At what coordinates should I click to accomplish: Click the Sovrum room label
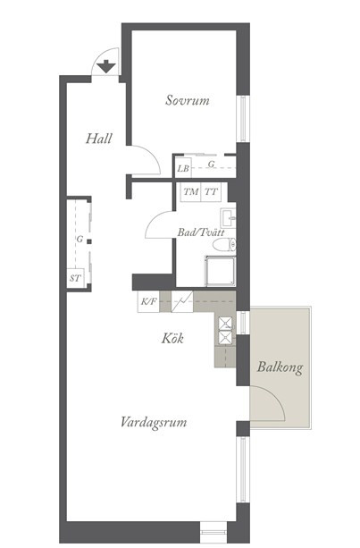188,100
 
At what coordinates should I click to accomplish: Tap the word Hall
99,139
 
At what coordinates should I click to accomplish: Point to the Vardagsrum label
154,422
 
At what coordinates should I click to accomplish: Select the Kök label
172,338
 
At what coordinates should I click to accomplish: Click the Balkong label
280,367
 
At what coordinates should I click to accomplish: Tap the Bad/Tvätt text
201,232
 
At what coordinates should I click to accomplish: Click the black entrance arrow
106,66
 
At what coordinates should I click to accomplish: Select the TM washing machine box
190,192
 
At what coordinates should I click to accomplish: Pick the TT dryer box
211,192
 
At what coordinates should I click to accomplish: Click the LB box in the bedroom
182,168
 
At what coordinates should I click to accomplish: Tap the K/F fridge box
148,301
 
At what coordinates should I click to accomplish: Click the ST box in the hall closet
75,278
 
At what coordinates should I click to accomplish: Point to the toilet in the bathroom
224,245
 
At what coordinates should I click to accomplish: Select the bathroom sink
228,218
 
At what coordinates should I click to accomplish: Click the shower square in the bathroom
221,271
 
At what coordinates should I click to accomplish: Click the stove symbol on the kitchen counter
182,301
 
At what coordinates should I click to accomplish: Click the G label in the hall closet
80,240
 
